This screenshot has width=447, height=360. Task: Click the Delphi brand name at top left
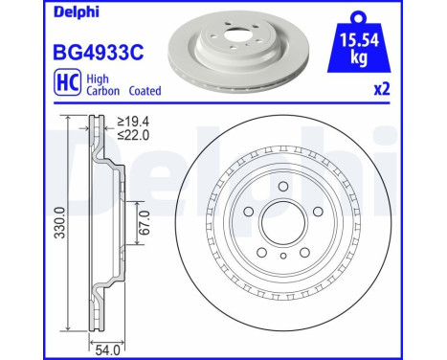77,12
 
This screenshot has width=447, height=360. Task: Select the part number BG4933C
99,53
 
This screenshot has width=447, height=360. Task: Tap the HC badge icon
67,82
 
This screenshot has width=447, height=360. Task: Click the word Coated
145,91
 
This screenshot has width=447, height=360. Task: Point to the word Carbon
103,91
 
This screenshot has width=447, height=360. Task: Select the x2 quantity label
382,89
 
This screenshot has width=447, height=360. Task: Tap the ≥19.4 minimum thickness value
133,122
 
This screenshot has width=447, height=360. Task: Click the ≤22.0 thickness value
133,135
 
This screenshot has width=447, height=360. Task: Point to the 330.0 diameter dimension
60,222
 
